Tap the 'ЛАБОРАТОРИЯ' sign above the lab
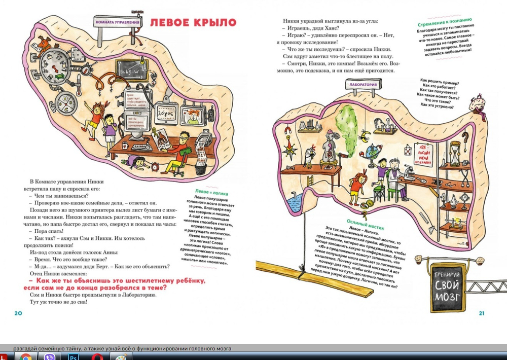coord(363,85)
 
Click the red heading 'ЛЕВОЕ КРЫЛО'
coord(193,22)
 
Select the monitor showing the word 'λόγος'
coord(168,114)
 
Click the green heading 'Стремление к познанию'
coord(444,22)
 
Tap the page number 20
coord(19,313)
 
